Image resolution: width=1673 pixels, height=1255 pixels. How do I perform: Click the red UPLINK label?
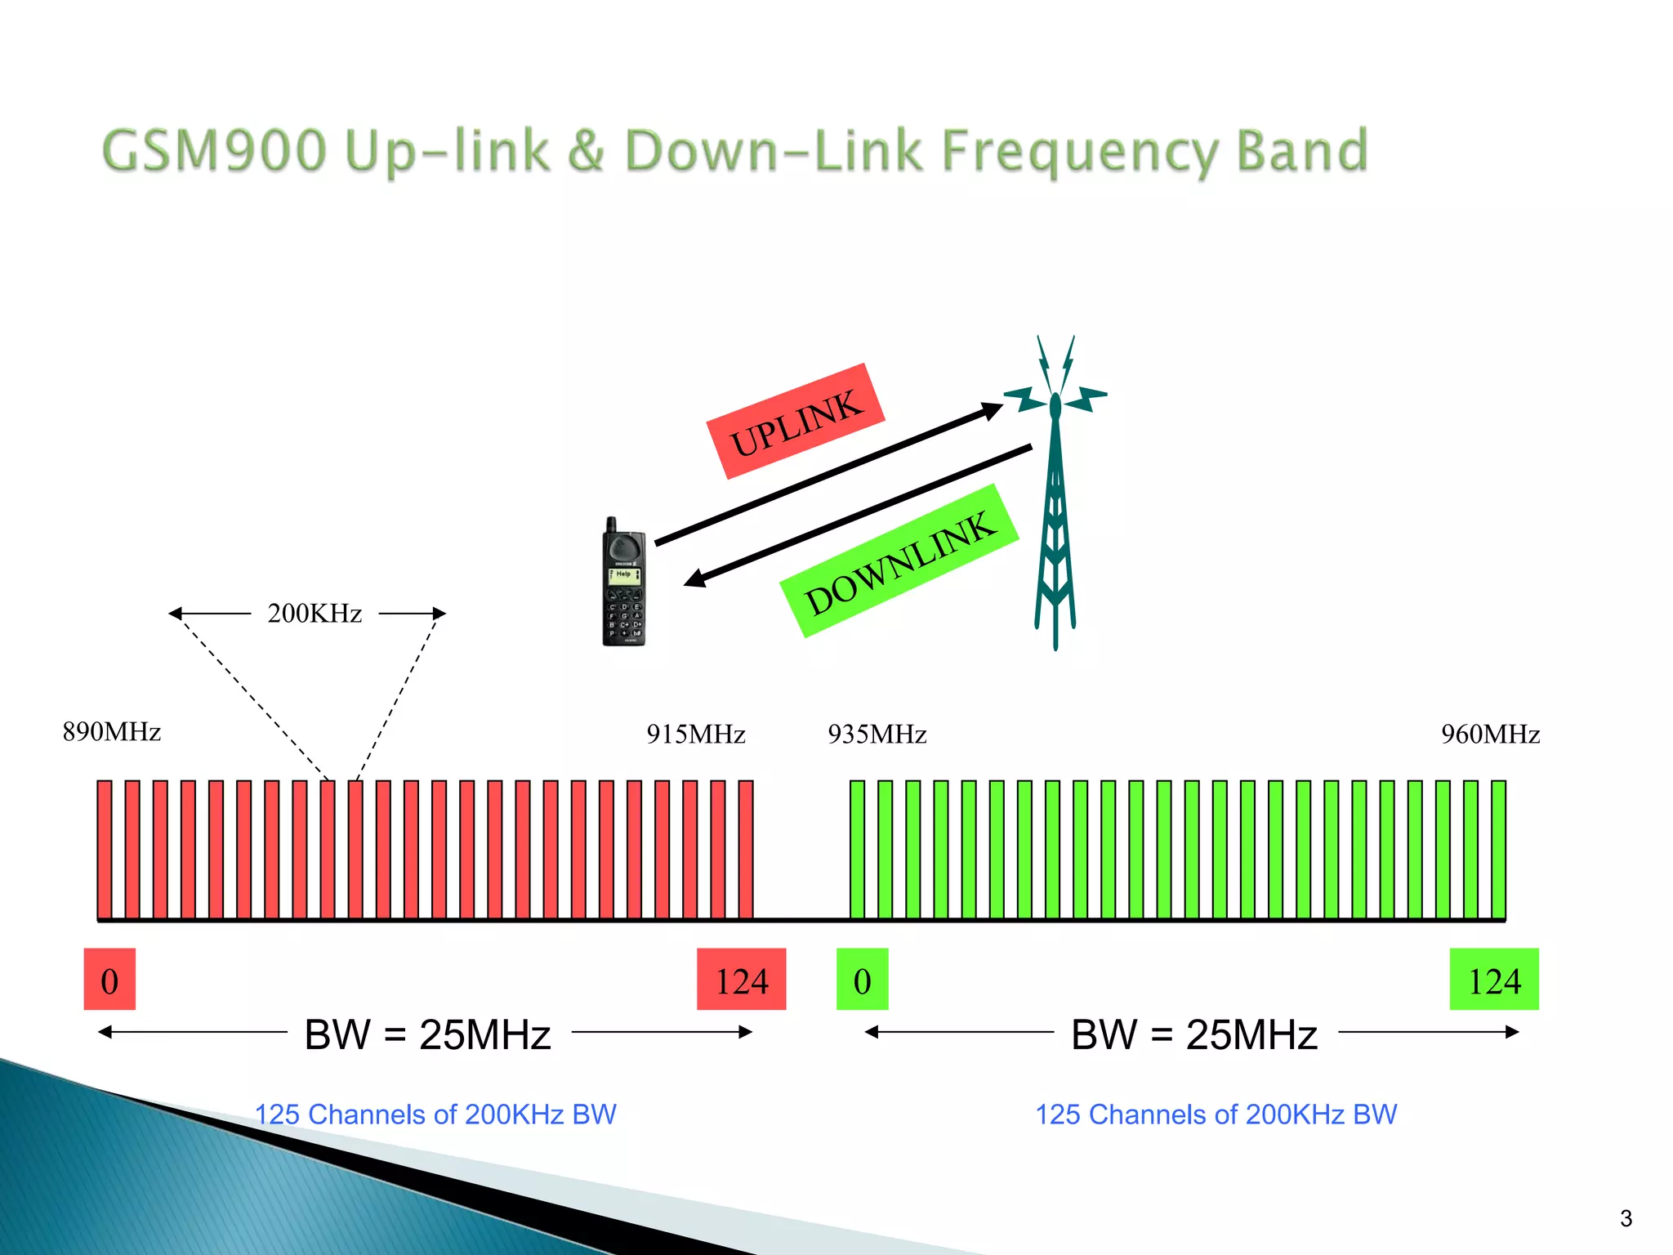(796, 422)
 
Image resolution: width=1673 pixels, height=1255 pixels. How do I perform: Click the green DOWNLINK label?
(899, 561)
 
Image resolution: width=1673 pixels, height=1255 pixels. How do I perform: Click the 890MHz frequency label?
(112, 731)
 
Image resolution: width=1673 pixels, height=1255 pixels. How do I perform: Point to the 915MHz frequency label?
(696, 734)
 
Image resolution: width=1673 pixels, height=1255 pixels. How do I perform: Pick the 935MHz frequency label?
(877, 734)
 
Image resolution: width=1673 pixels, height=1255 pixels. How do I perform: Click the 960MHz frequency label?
(1490, 734)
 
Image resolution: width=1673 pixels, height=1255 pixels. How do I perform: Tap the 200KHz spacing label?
(315, 613)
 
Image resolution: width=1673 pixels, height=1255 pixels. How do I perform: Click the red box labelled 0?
(109, 980)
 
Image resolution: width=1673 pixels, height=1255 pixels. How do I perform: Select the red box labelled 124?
(741, 980)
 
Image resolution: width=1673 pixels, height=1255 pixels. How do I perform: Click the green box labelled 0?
(862, 980)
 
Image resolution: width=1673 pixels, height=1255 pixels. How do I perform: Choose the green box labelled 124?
(1494, 980)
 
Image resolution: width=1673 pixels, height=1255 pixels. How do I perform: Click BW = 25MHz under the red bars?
(427, 1034)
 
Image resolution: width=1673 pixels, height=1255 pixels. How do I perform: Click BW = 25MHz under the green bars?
(1193, 1034)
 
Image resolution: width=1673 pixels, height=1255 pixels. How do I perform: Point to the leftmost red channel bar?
(105, 850)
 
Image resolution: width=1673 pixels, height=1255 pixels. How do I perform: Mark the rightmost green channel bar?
(1498, 850)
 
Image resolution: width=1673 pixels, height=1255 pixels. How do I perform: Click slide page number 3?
(1626, 1218)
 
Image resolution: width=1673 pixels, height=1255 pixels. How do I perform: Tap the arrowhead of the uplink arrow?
(994, 409)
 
